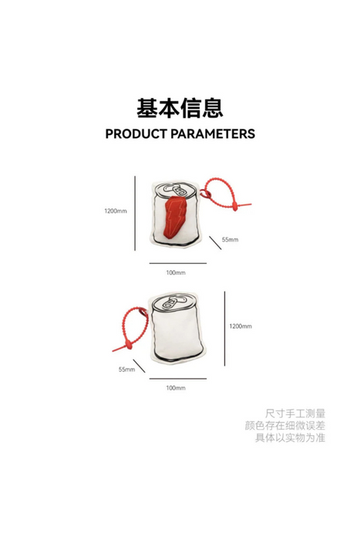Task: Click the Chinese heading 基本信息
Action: [180, 108]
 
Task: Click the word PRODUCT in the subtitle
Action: [136, 134]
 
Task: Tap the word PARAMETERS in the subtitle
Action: [213, 134]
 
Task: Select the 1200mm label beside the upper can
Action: [116, 211]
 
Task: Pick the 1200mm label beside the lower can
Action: [241, 326]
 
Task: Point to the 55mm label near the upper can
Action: [230, 239]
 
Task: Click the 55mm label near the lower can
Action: [126, 370]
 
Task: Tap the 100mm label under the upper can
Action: [176, 273]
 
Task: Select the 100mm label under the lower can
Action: [176, 388]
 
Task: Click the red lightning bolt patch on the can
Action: [176, 218]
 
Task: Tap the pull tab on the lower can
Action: [172, 302]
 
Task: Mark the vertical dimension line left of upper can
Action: [135, 213]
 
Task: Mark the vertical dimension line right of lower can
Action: [225, 328]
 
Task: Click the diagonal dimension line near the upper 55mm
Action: [215, 242]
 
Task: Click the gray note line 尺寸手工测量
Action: [295, 413]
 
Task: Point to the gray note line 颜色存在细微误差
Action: [285, 426]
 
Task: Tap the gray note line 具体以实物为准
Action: [290, 437]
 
